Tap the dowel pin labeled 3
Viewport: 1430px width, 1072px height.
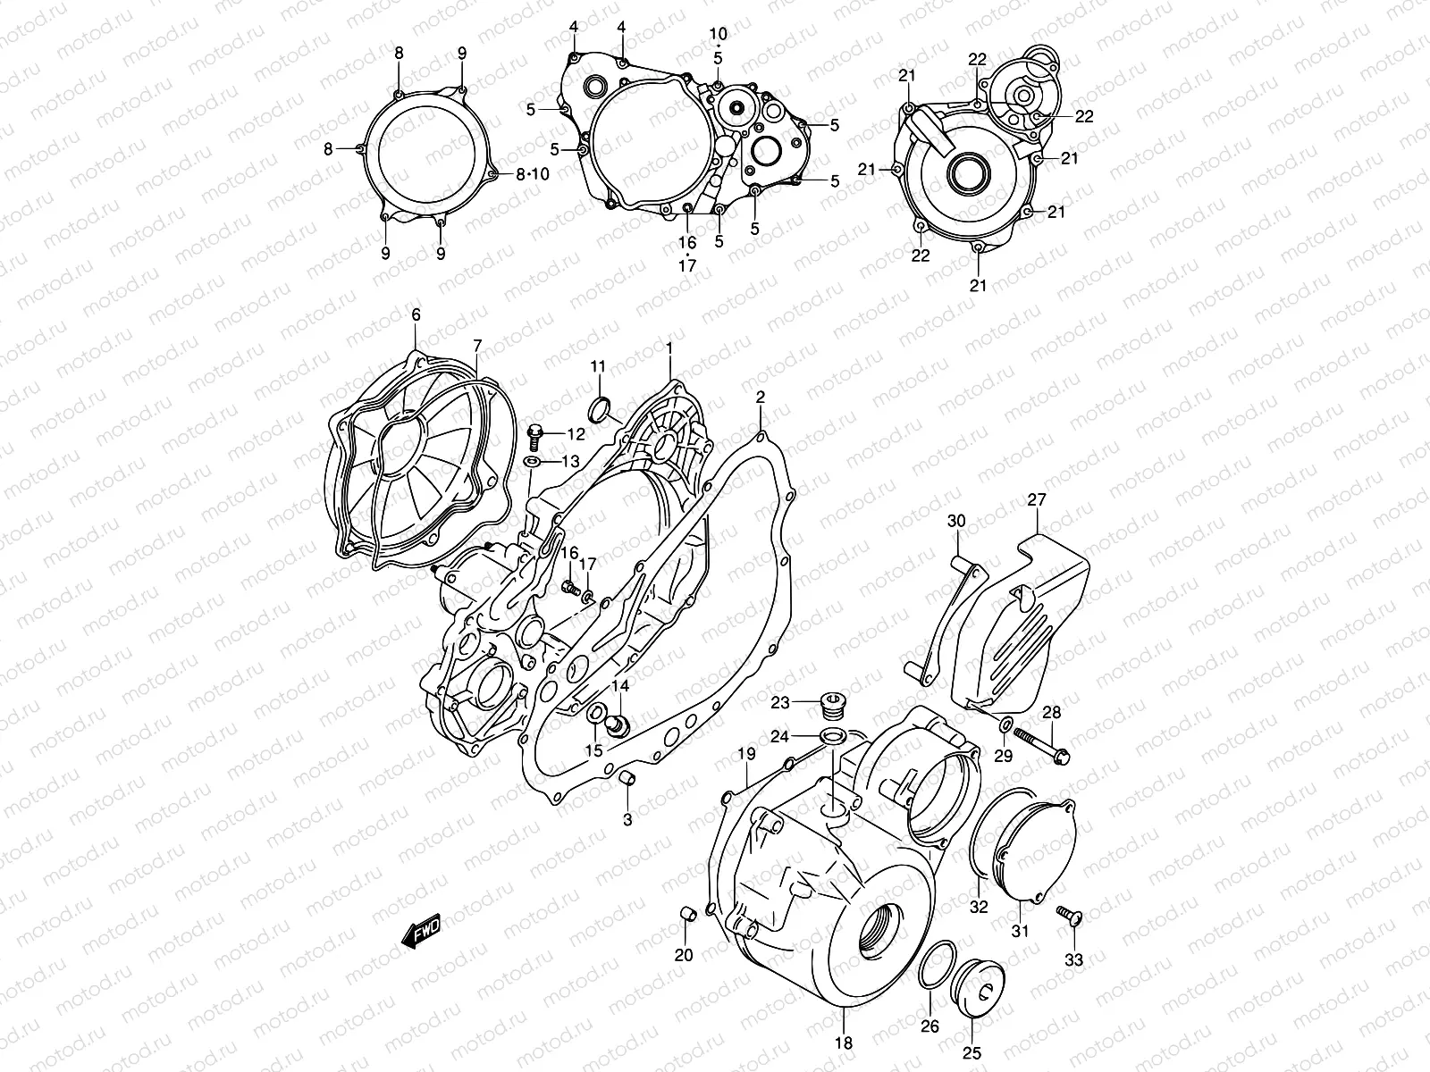click(628, 782)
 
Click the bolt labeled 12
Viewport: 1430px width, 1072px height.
click(536, 433)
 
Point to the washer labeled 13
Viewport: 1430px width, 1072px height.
click(532, 461)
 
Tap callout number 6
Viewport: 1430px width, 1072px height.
click(416, 314)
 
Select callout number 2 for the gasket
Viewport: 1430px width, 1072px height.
click(760, 397)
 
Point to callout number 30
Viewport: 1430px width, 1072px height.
click(956, 521)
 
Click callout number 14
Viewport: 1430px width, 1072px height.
click(619, 686)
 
